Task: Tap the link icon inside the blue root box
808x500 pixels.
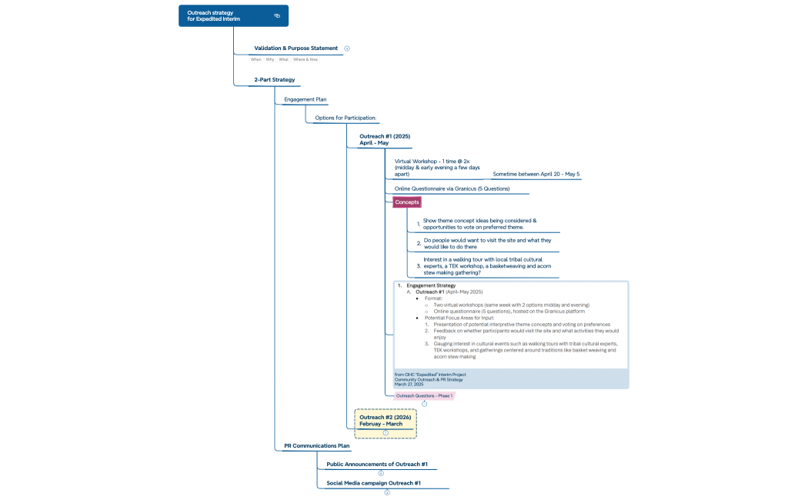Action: click(x=277, y=15)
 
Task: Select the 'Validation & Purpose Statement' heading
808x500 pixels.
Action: click(x=295, y=48)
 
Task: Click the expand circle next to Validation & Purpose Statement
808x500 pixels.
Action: click(x=347, y=48)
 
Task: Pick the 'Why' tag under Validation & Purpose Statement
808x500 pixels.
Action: click(x=270, y=59)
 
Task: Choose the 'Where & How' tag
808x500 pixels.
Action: click(x=306, y=59)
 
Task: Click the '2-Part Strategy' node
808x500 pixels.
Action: click(x=274, y=79)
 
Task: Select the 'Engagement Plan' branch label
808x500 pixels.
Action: click(x=305, y=99)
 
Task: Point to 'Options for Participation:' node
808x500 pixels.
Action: click(x=345, y=118)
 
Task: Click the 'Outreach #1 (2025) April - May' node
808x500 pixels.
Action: click(x=379, y=139)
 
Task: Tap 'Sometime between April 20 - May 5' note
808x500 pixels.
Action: click(x=536, y=174)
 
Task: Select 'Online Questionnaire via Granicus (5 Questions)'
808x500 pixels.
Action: click(x=452, y=188)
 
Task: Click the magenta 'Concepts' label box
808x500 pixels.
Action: click(x=407, y=202)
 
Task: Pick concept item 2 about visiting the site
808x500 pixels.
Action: click(x=487, y=244)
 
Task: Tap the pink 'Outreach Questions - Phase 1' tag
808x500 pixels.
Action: click(x=423, y=395)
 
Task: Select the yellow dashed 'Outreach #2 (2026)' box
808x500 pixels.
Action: click(x=386, y=421)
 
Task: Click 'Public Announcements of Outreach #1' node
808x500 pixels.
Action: click(x=376, y=464)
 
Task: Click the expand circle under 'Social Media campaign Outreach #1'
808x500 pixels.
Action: click(x=387, y=492)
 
